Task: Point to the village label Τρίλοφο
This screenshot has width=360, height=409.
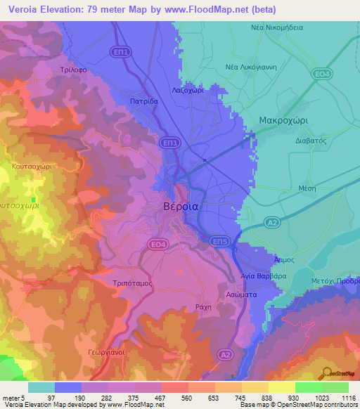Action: coord(72,71)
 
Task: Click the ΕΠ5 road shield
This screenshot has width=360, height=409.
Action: coord(221,241)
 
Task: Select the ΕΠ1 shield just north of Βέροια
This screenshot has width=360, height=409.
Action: coord(169,142)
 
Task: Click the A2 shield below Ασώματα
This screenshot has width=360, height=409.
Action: coord(225,354)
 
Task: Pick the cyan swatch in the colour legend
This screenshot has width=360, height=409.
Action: coord(41,387)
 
